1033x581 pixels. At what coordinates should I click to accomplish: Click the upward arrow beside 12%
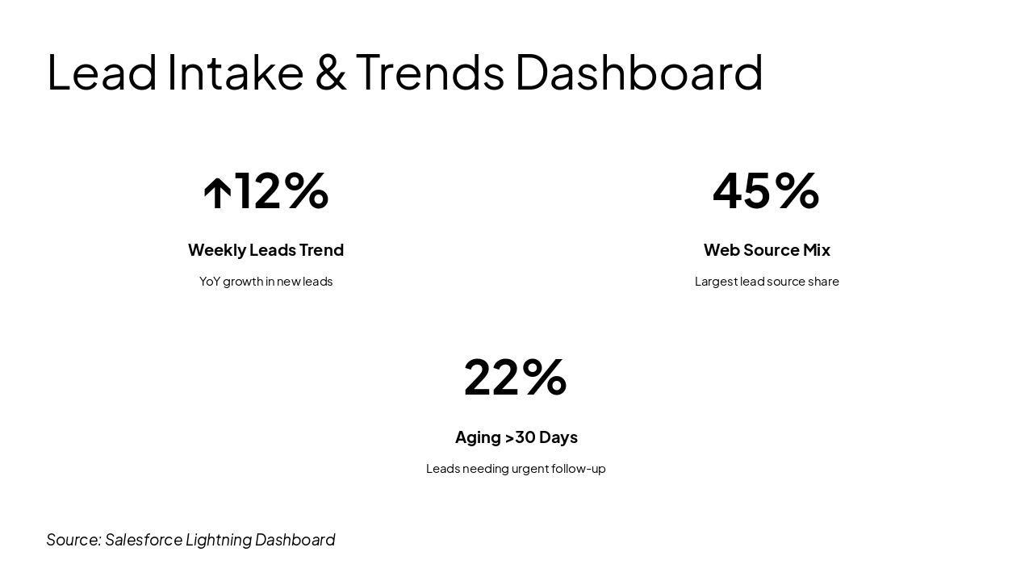point(217,194)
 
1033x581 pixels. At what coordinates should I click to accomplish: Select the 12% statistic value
point(281,190)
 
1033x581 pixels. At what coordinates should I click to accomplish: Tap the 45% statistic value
point(766,190)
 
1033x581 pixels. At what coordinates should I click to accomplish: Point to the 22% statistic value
point(516,377)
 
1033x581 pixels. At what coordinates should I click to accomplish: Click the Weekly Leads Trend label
point(266,250)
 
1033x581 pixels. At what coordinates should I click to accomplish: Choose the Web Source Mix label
point(767,250)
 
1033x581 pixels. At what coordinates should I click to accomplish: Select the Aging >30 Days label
point(516,437)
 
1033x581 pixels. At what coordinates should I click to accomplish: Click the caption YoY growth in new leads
point(266,282)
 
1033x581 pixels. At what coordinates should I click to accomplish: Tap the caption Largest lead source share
point(767,282)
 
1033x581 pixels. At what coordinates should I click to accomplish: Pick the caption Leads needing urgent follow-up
point(516,469)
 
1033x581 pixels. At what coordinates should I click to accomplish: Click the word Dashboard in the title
point(638,72)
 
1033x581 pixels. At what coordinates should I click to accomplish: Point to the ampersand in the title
point(330,72)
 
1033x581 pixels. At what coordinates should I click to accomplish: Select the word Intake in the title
point(235,72)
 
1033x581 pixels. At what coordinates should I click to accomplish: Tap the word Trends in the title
point(429,72)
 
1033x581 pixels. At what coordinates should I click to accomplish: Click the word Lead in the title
point(102,72)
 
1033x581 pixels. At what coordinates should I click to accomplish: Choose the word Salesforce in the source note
point(143,540)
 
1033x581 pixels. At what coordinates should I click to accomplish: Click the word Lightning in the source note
point(218,540)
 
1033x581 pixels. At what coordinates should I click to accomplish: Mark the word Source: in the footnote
point(73,540)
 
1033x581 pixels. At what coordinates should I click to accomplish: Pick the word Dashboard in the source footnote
point(295,540)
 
